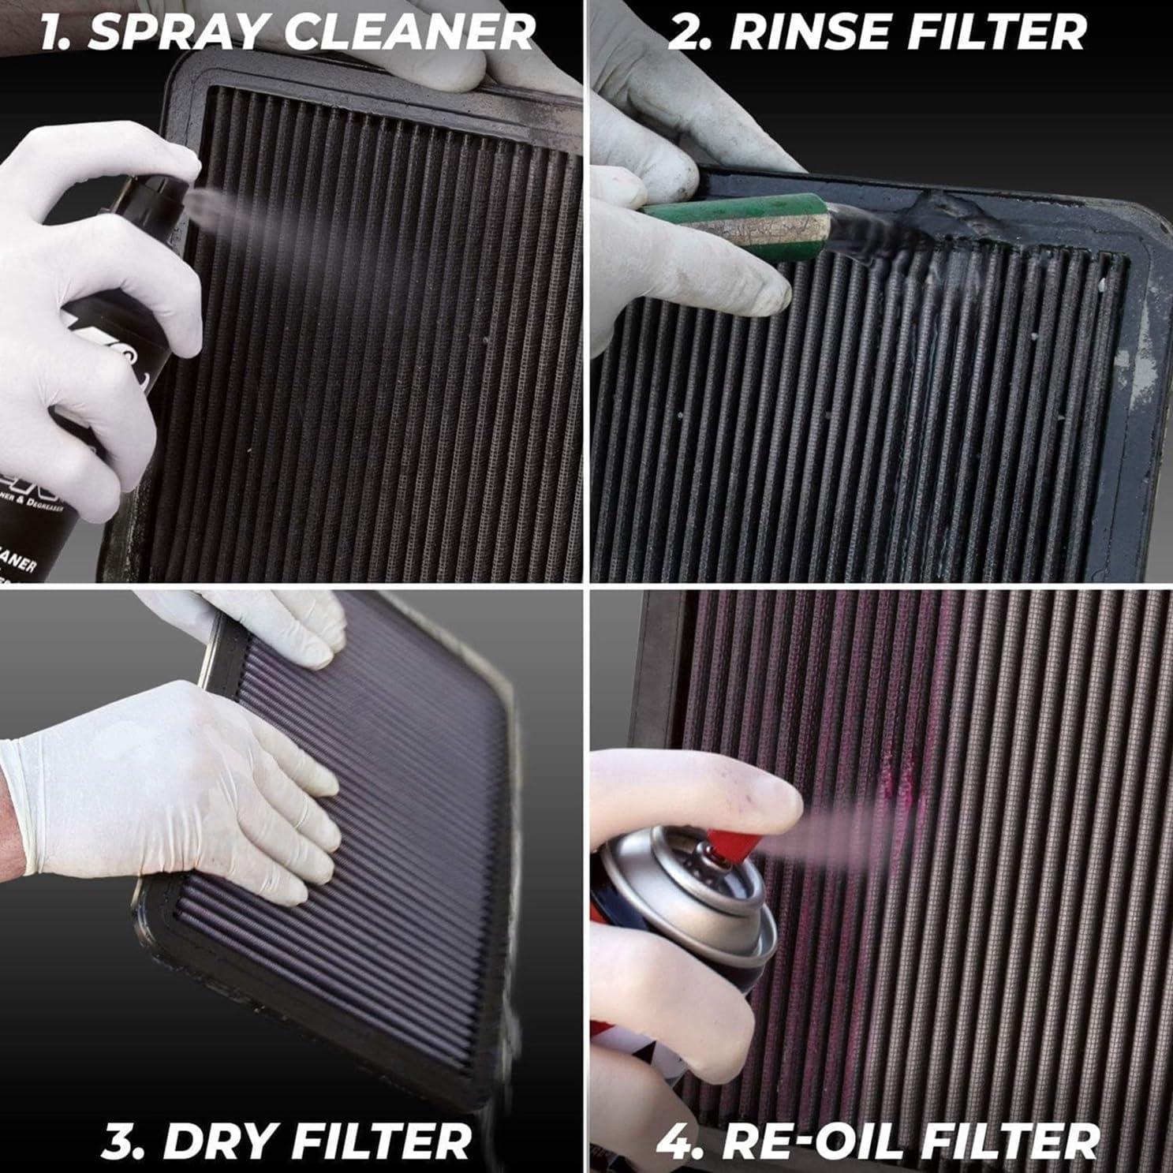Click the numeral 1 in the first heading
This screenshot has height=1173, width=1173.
[x=54, y=33]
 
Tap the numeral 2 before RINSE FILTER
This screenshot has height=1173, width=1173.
[x=685, y=33]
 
